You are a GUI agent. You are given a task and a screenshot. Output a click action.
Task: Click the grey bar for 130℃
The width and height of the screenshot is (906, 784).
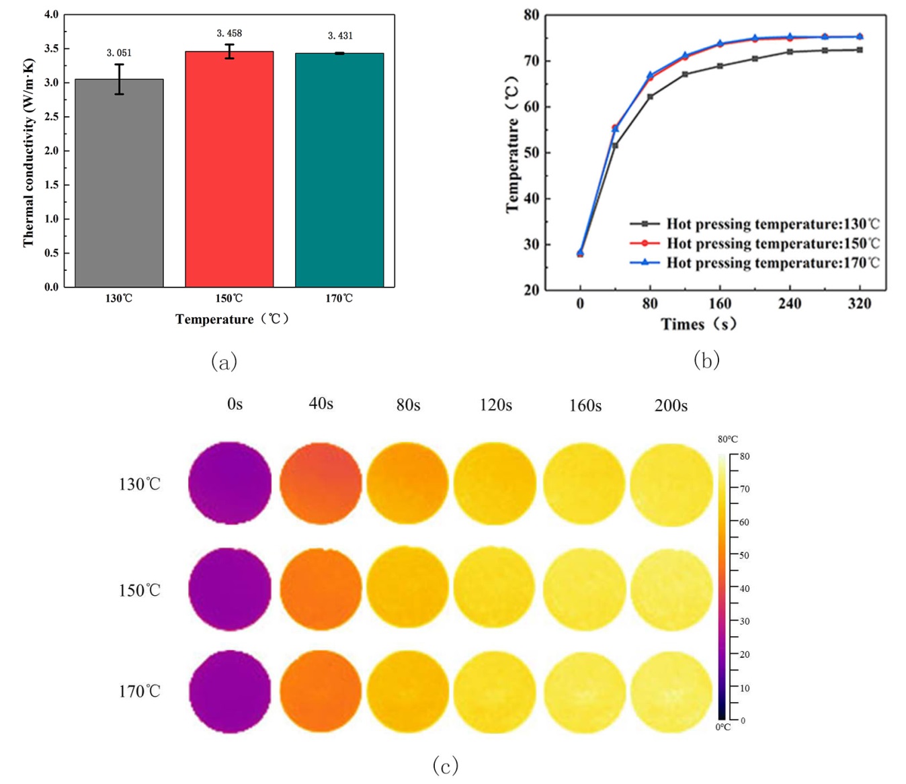[119, 183]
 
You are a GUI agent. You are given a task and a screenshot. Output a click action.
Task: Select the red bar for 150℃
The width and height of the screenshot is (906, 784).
[229, 169]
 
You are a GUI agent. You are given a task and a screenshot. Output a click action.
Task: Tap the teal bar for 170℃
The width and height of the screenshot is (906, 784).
[339, 170]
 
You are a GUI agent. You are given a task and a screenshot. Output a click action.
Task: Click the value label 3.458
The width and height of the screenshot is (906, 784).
[229, 33]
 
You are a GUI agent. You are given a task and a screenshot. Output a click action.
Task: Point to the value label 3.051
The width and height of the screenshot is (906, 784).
[119, 52]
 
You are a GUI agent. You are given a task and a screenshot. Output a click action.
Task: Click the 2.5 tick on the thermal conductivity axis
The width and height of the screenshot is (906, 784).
[51, 117]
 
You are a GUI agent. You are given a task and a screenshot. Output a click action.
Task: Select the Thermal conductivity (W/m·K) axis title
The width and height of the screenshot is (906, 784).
[28, 153]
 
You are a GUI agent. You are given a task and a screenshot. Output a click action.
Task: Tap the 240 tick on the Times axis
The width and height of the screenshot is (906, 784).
[790, 304]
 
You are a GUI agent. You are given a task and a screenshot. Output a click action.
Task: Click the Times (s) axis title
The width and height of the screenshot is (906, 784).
[698, 324]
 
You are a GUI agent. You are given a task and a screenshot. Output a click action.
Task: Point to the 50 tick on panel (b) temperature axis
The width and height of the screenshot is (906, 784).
[532, 153]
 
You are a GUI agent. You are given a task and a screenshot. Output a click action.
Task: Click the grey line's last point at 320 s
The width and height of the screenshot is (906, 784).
[860, 50]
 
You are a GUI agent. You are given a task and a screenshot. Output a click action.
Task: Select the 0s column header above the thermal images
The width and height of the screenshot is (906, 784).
[235, 404]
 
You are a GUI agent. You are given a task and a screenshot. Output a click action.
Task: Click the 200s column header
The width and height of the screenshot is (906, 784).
[671, 406]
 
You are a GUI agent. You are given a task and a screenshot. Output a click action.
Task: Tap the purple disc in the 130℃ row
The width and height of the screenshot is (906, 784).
[230, 482]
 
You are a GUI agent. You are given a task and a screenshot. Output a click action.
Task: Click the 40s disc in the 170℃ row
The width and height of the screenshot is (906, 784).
[321, 691]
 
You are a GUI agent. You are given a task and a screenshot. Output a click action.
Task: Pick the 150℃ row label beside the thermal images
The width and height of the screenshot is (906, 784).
[140, 591]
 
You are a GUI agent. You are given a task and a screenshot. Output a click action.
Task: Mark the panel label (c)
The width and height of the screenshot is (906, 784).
[446, 765]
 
